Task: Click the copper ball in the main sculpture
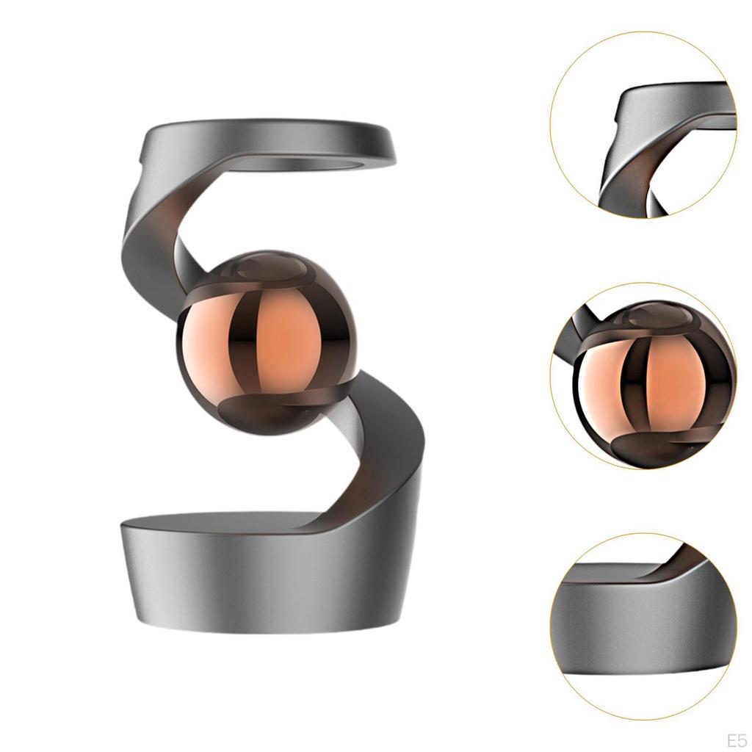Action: pos(267,342)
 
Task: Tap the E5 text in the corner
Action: pos(737,740)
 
